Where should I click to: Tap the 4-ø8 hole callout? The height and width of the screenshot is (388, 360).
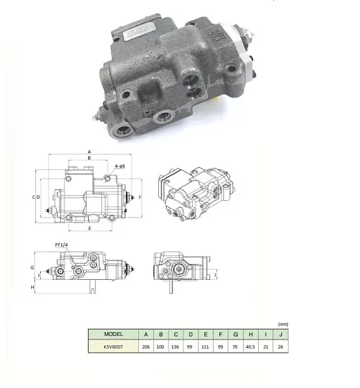point(120,166)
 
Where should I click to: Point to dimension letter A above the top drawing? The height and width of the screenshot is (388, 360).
point(89,151)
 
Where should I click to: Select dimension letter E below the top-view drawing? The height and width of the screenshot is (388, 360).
point(89,228)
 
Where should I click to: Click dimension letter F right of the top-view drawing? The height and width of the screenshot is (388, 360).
point(140,197)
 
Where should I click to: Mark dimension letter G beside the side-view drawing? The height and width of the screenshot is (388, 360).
point(33,266)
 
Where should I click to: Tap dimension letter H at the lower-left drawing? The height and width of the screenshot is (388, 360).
point(33,286)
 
